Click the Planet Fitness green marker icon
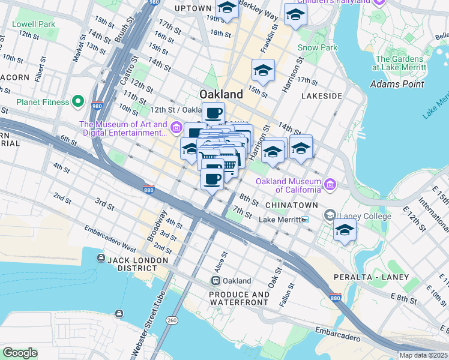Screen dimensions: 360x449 click(x=78, y=101)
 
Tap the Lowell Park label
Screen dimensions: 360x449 click(x=34, y=24)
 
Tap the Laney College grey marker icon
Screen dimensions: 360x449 click(x=330, y=215)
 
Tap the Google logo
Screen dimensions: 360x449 click(x=20, y=353)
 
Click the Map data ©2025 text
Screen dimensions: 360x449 click(x=423, y=355)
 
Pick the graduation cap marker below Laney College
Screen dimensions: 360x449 click(x=344, y=231)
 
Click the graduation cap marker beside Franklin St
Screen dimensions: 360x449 click(x=263, y=72)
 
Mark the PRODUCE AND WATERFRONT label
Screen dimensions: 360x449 click(x=240, y=299)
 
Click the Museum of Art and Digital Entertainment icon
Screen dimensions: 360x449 click(x=176, y=128)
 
